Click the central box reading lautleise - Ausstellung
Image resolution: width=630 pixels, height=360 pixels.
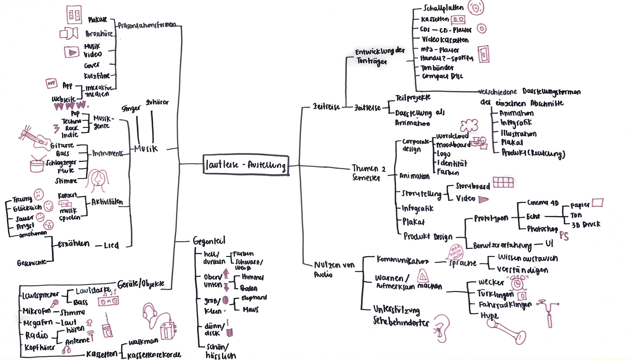(245, 165)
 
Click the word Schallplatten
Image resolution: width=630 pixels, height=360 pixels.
(442, 9)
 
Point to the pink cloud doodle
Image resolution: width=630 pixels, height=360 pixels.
(469, 125)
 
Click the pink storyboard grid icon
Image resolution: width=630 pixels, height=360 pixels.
(502, 182)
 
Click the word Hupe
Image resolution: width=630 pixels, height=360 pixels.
(489, 315)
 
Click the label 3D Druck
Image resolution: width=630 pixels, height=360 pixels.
(585, 224)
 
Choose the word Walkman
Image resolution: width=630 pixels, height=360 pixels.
(143, 342)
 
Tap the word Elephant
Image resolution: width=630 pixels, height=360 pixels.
(254, 297)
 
